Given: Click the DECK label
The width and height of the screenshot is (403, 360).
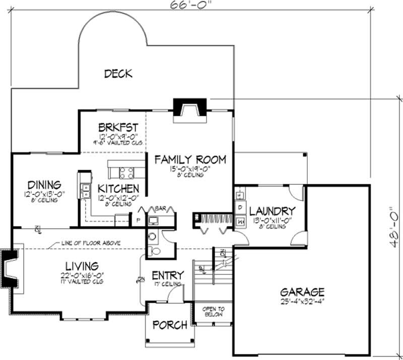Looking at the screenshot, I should [118, 74].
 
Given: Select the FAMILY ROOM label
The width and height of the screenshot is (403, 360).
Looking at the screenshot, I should [190, 160].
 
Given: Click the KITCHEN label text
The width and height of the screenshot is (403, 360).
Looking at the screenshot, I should [118, 188].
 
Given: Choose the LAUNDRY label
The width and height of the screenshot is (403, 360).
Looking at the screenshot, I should [272, 210].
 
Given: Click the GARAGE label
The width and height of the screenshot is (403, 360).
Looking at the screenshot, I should [302, 292].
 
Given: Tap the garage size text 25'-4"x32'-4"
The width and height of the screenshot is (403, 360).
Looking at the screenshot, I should [302, 302].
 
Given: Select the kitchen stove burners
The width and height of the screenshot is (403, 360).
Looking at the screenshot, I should [126, 173].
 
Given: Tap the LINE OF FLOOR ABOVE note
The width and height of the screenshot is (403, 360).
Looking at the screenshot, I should [90, 243].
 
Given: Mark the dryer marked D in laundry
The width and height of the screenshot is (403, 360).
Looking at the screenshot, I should [240, 207].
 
